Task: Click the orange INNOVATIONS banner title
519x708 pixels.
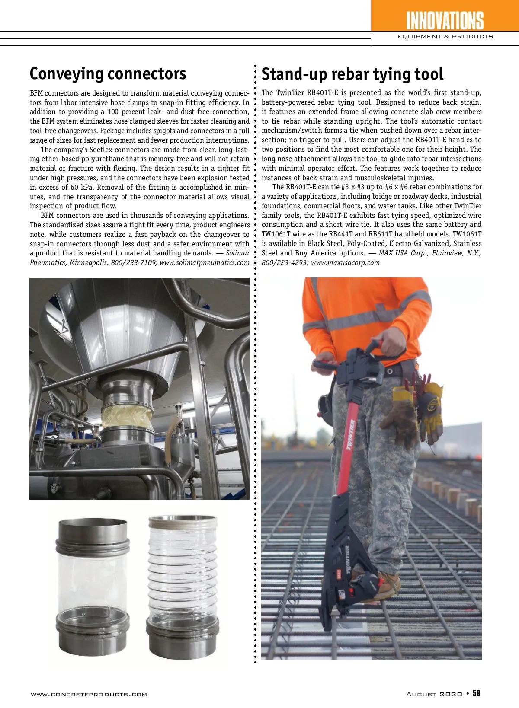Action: pos(445,20)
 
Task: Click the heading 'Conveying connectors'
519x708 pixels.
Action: pos(108,74)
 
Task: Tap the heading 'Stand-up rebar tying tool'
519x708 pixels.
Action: pos(352,74)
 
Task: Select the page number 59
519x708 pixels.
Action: pos(476,693)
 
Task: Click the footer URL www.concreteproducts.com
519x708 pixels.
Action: pos(89,695)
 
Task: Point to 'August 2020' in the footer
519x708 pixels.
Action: pos(434,694)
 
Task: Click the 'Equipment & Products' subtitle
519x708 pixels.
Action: pos(445,37)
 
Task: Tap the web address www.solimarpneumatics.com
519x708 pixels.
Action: pos(205,262)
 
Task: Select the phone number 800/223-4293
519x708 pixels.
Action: pos(284,262)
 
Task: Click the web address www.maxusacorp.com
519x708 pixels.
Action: pos(345,262)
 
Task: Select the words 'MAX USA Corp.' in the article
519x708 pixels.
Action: pos(403,253)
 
